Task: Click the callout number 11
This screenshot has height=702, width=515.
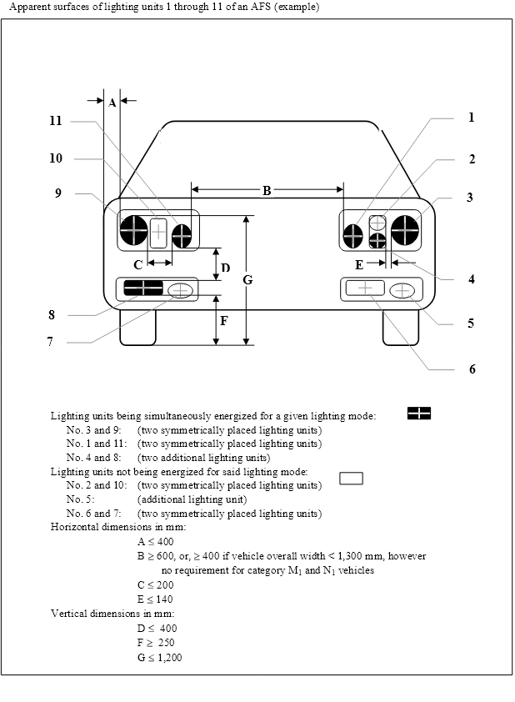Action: pos(56,121)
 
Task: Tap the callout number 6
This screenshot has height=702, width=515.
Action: pos(472,369)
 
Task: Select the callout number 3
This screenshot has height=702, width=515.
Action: pos(470,198)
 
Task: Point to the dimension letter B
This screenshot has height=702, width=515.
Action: pos(267,191)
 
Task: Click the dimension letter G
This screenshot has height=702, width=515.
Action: pos(247,280)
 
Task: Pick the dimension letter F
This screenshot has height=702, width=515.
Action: pos(224,321)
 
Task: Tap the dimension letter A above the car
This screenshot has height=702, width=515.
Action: pos(112,103)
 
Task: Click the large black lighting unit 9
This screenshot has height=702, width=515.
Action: pos(134,230)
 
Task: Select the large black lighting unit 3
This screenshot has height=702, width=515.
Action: pos(405,230)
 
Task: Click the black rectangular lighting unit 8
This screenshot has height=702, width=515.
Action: pos(143,288)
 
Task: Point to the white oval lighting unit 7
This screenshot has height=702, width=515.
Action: pos(180,291)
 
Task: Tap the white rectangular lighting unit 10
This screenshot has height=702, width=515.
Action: pos(158,233)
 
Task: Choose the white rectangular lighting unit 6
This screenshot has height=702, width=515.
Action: pos(365,288)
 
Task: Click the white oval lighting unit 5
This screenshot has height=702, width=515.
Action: pos(402,291)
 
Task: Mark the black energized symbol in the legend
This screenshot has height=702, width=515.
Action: pos(419,414)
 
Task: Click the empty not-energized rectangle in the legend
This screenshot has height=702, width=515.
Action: pos(351,479)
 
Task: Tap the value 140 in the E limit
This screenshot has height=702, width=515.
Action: pos(164,599)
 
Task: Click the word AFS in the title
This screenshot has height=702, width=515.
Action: pos(260,7)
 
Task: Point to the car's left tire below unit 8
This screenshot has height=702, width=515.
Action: pos(137,328)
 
